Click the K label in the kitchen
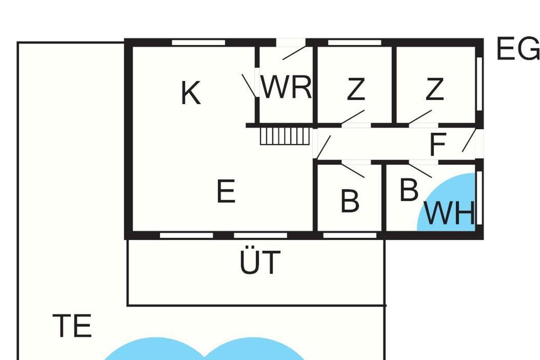(190, 94)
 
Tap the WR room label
(287, 88)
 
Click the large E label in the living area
(226, 192)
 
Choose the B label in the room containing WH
(409, 190)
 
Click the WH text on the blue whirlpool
(450, 214)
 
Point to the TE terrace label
(72, 326)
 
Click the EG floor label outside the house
(517, 49)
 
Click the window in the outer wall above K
(198, 43)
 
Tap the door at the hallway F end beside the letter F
(469, 140)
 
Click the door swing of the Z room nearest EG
(420, 117)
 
